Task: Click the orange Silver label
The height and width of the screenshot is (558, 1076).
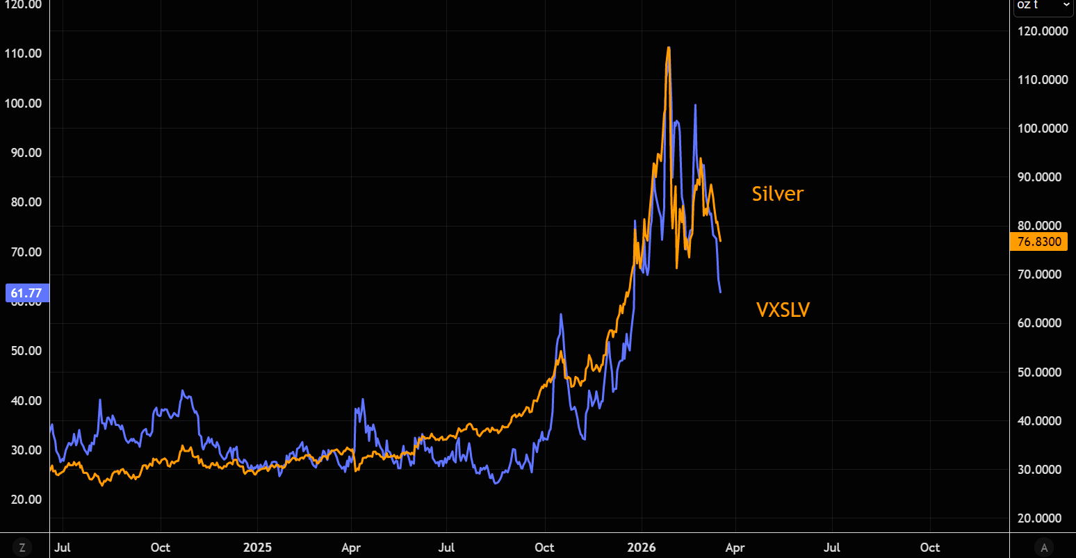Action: (777, 194)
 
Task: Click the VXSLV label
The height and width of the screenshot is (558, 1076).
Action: (783, 310)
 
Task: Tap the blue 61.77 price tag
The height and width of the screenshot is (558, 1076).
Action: (26, 293)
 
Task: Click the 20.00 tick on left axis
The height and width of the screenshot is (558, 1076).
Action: (26, 499)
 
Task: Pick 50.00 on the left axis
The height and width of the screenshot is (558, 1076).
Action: (26, 350)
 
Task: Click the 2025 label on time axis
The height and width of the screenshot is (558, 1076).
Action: (257, 548)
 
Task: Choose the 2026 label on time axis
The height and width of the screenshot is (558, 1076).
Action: (641, 548)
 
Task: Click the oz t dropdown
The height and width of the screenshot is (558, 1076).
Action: (1043, 6)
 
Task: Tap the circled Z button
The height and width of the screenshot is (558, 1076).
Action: (22, 548)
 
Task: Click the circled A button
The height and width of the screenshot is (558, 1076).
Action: (1043, 548)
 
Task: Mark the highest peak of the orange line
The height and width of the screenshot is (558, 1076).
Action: (668, 47)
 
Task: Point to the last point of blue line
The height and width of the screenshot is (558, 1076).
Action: (720, 292)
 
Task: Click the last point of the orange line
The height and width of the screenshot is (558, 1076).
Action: (721, 241)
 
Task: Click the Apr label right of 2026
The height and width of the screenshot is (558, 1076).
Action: (735, 548)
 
